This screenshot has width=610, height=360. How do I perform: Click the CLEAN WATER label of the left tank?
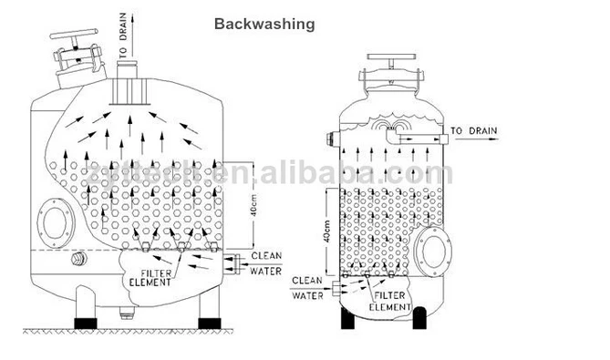tap(266, 262)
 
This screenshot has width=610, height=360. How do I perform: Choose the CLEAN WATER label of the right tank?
tap(307, 287)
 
